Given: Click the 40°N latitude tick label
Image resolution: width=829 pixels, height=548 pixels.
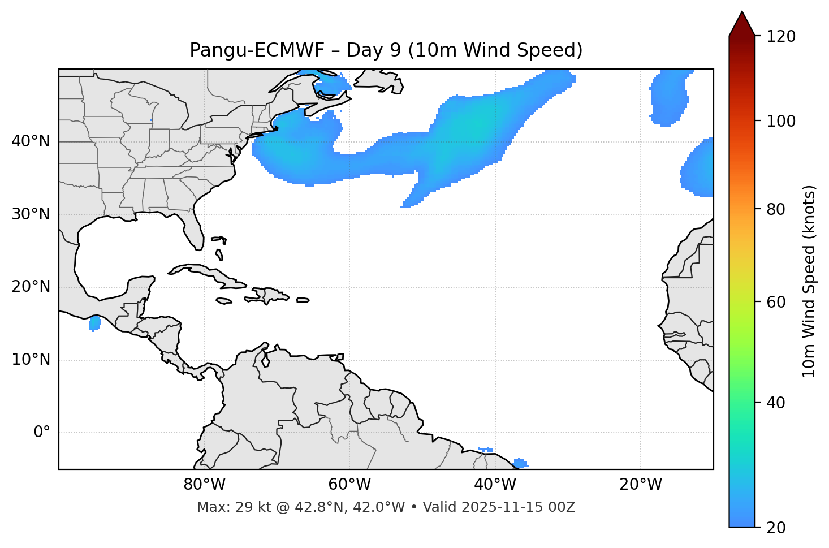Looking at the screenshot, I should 31,141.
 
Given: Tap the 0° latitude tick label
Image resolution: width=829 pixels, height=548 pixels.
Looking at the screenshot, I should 42,433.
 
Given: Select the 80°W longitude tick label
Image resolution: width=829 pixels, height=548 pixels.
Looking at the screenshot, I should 204,485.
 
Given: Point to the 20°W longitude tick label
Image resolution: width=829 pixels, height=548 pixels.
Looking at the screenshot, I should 641,485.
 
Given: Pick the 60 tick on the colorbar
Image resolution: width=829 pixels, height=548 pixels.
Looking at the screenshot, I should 779,302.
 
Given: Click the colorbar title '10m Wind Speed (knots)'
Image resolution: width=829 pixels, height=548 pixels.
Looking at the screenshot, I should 809,281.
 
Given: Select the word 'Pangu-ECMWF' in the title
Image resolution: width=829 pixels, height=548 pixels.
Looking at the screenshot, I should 257,50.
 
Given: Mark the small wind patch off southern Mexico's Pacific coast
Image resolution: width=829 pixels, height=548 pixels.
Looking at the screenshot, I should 94,323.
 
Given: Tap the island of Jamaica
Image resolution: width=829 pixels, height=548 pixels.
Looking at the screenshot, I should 224,301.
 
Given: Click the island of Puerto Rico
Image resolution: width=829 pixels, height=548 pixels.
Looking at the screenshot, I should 303,300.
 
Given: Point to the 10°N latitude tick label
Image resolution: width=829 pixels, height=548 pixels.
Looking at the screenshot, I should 31,360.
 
